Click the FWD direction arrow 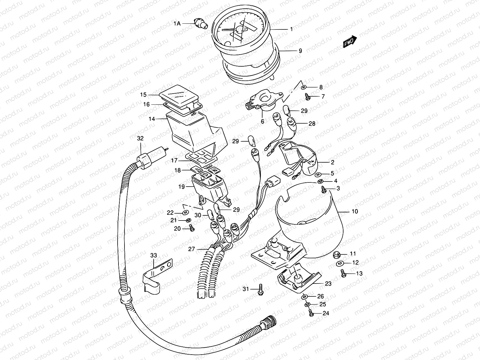(x=350, y=41)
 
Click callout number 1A (x=177, y=23)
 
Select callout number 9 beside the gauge (x=300, y=51)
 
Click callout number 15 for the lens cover (x=143, y=95)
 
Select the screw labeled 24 (x=311, y=313)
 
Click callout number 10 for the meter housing (x=355, y=211)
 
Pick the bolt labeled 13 (x=343, y=273)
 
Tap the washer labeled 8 (x=303, y=87)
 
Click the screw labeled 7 (x=307, y=97)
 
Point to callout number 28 (x=312, y=123)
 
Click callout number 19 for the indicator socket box (x=181, y=187)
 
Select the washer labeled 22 (x=185, y=213)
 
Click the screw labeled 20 (x=191, y=229)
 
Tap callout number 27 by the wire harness (x=191, y=249)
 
